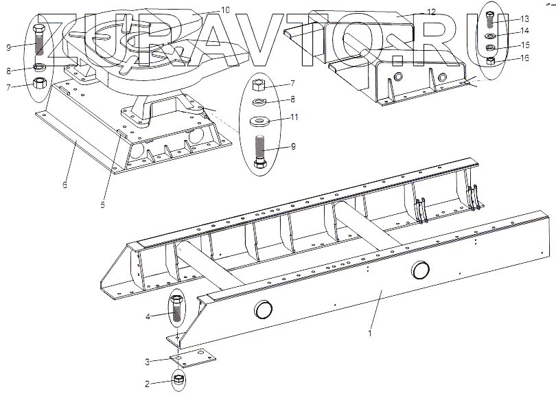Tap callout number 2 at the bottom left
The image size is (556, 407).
point(146,384)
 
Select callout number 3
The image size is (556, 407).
point(146,362)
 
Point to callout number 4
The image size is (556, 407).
point(146,316)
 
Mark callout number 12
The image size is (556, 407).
point(431,12)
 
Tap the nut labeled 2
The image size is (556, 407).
point(177,379)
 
